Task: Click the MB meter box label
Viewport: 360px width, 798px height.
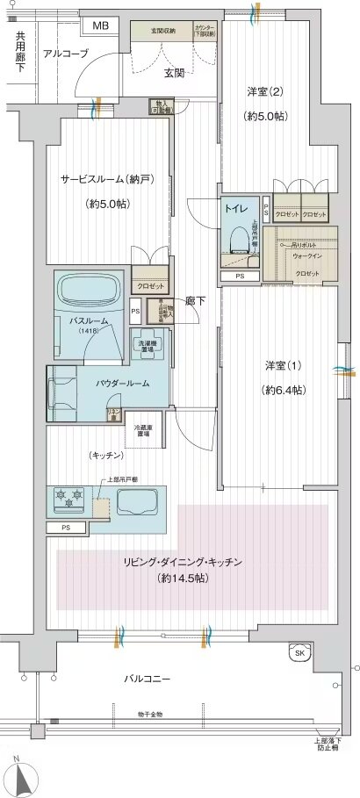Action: pos(101,25)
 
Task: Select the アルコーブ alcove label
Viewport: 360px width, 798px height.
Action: pos(66,54)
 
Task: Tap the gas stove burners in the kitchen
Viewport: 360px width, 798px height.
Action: pos(69,500)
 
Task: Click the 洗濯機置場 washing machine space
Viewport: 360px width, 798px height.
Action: pos(147,345)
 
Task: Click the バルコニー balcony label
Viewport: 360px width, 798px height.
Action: pos(146,679)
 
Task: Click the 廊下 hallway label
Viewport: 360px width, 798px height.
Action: pos(196,299)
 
